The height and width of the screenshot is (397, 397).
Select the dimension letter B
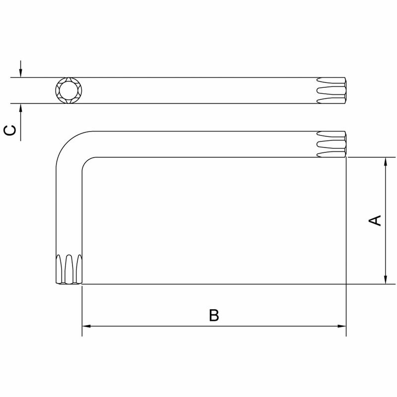(x=214, y=315)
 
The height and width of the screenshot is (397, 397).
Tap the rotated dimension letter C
(x=10, y=130)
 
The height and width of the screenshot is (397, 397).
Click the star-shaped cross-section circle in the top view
(x=68, y=90)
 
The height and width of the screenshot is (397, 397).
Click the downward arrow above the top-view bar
(x=20, y=72)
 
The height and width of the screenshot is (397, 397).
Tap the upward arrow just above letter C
(x=20, y=109)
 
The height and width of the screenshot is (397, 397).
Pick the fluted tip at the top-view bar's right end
(x=331, y=90)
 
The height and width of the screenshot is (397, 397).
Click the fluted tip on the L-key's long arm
(x=331, y=144)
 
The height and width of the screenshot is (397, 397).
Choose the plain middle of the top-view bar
(x=198, y=90)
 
